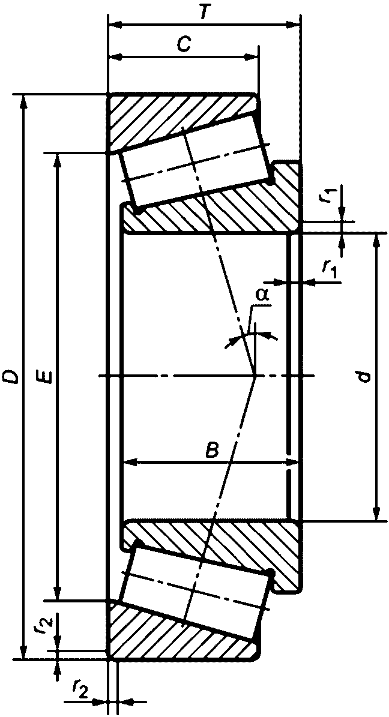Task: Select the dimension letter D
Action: pos(10,377)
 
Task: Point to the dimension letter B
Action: pos(211,449)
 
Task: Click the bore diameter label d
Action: pos(361,377)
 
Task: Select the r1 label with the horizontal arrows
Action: pos(330,269)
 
